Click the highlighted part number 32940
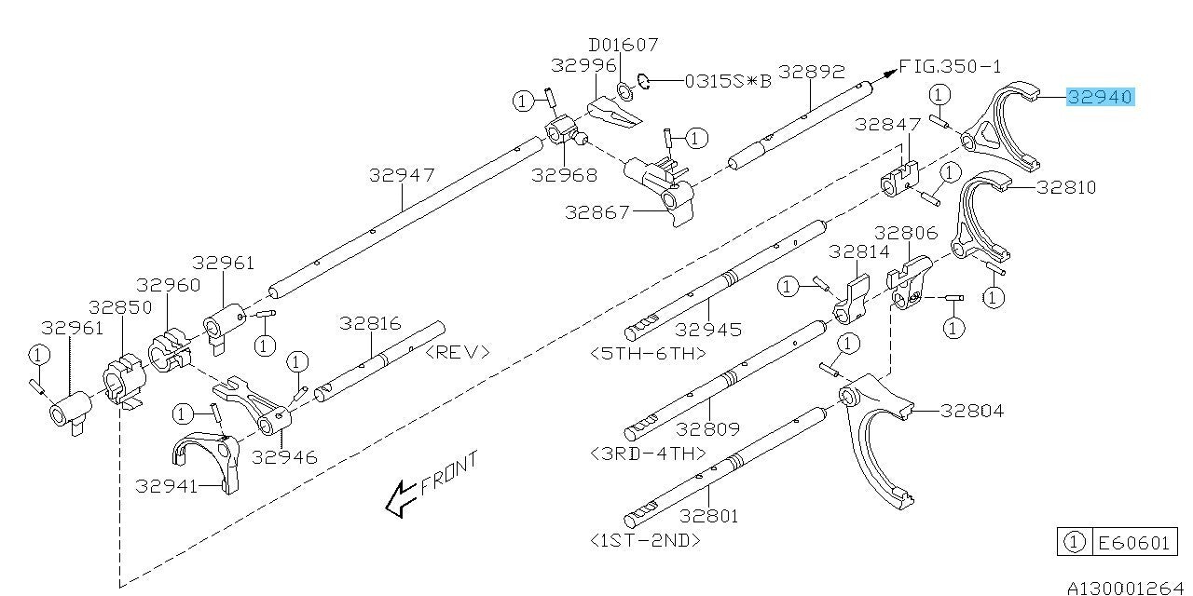1100,97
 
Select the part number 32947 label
401,174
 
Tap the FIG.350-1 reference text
950,66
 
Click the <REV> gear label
457,352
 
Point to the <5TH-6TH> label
648,354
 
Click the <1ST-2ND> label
645,539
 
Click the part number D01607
624,44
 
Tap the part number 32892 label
811,71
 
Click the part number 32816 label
370,324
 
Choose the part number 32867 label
597,212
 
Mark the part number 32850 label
120,306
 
